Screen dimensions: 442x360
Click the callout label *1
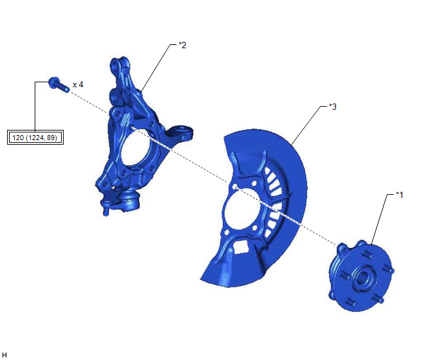click(x=400, y=195)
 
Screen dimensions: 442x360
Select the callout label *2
click(x=182, y=45)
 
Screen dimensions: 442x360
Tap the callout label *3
click(x=333, y=107)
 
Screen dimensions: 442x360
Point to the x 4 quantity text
click(x=78, y=85)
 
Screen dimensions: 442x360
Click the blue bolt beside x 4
click(x=58, y=84)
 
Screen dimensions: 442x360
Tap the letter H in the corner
click(x=4, y=355)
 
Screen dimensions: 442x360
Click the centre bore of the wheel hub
click(x=362, y=278)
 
